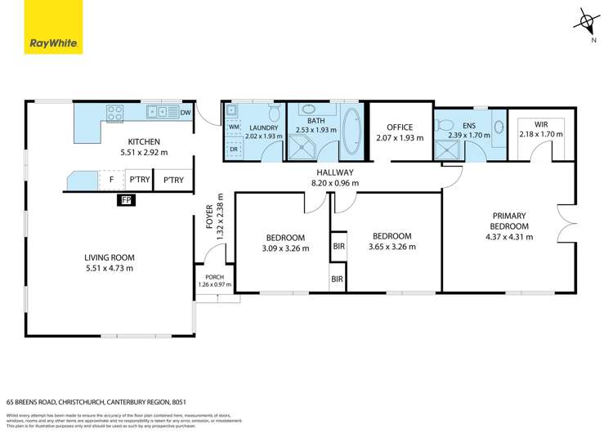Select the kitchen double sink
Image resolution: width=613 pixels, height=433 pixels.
[158, 113]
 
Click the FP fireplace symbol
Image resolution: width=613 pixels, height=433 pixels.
[126, 199]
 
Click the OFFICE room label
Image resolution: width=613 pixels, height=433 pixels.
[399, 127]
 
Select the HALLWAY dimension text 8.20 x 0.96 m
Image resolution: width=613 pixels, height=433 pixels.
[335, 183]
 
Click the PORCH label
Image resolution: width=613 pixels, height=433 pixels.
[214, 276]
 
